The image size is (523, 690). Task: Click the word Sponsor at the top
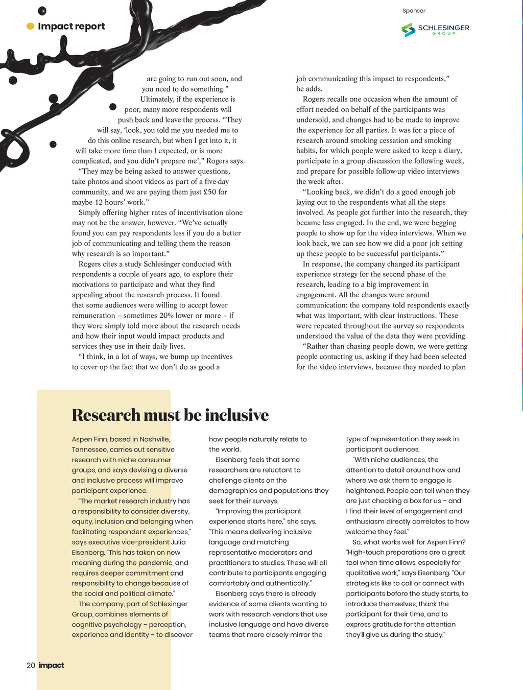[414, 11]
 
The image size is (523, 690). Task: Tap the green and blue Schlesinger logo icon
[408, 30]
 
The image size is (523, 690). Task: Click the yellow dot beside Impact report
[31, 26]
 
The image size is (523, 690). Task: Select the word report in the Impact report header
[87, 27]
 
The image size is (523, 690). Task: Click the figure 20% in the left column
[167, 316]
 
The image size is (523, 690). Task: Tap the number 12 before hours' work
[100, 202]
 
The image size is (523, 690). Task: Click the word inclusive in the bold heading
[236, 415]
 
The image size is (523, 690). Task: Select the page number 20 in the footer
[31, 665]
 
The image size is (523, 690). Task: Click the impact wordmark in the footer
[52, 665]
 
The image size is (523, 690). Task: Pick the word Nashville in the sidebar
[154, 439]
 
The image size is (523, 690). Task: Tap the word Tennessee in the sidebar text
[89, 449]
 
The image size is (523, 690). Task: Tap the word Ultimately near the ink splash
[157, 99]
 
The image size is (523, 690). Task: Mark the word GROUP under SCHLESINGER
[444, 34]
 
